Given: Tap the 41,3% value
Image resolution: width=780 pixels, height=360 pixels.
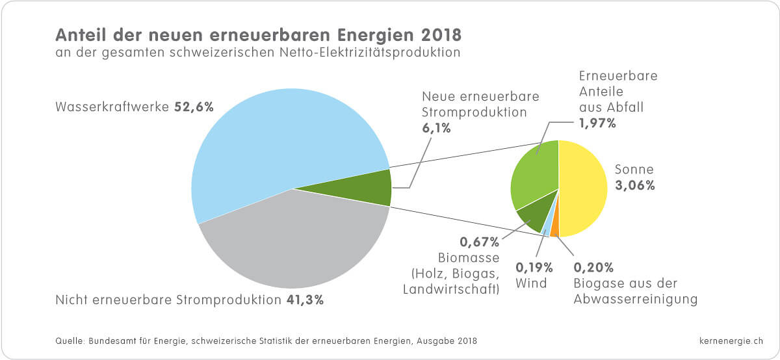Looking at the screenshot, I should tap(304, 300).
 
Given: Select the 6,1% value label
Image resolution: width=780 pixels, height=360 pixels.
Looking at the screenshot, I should tap(435, 128).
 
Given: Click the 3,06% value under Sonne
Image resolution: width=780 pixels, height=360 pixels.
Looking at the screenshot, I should tap(635, 185).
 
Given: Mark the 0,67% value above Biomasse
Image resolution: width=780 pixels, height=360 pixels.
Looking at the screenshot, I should tap(480, 243).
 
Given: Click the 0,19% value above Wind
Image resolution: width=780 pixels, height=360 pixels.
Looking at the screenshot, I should tap(534, 267).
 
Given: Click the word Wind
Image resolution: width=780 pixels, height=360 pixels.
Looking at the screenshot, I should tap(531, 283).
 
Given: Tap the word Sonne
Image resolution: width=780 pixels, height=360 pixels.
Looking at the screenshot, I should tap(634, 170).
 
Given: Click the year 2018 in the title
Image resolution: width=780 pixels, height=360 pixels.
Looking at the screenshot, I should tap(443, 34).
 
